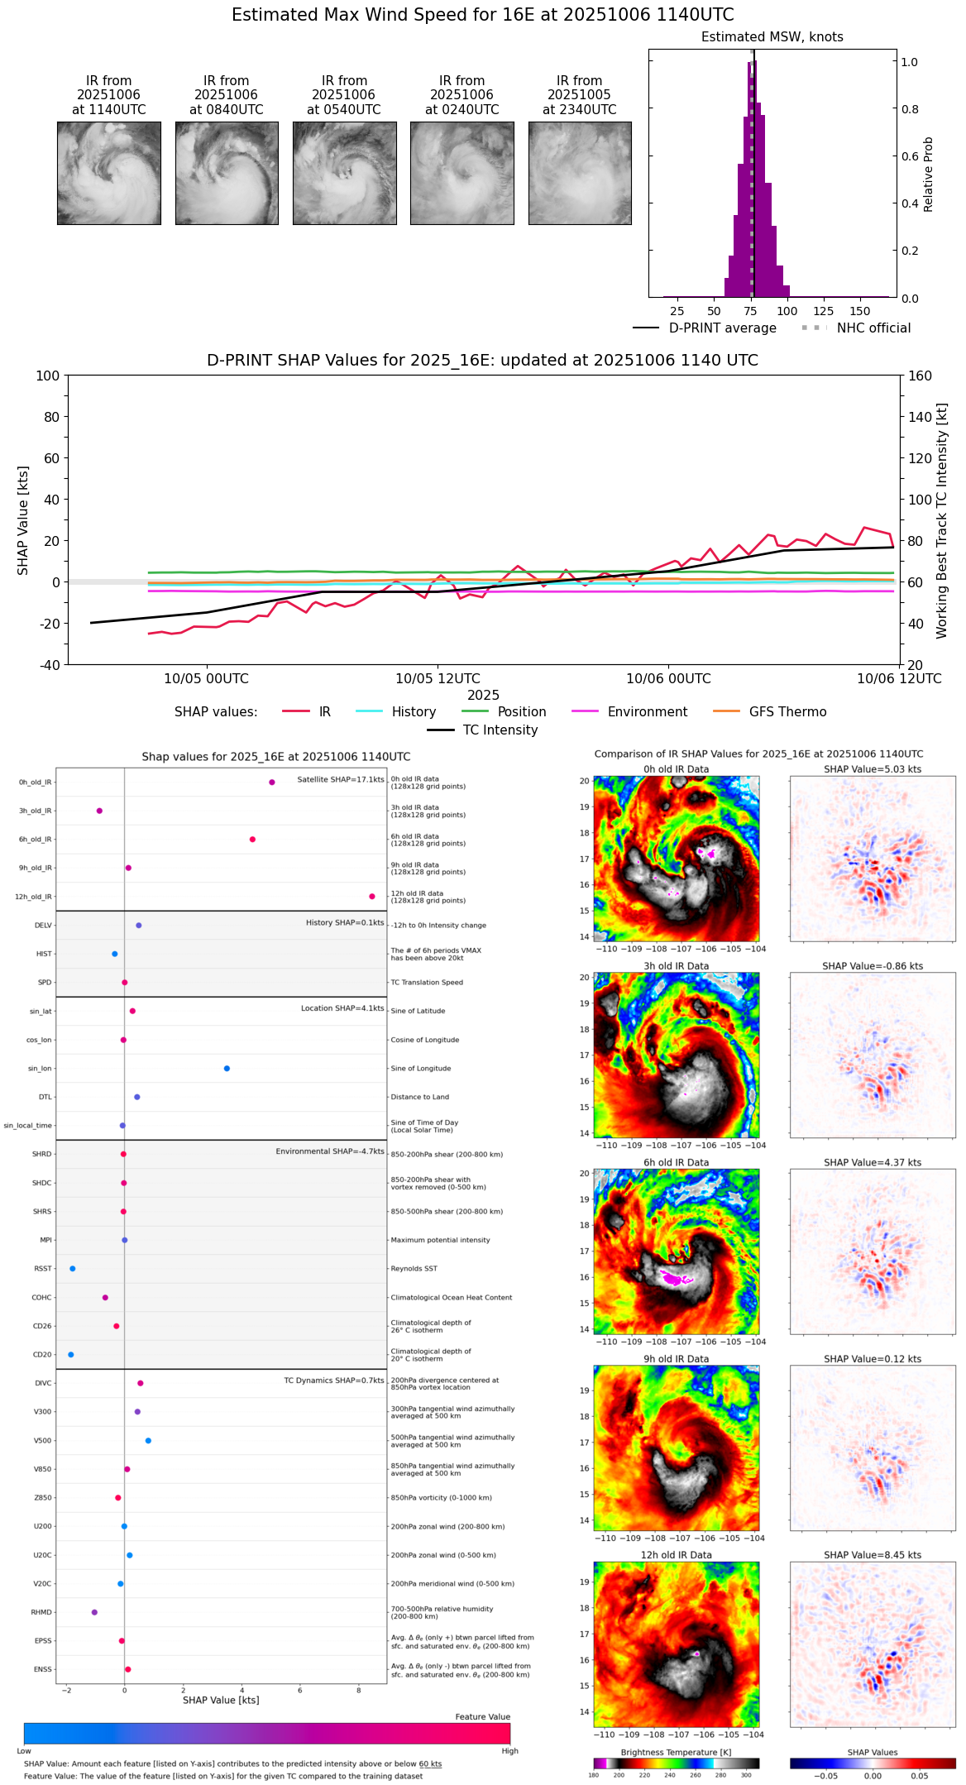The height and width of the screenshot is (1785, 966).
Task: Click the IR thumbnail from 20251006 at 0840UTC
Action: (x=227, y=173)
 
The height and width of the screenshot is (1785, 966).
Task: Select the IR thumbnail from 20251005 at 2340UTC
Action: (x=580, y=173)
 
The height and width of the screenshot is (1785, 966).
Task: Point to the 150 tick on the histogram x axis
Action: (x=860, y=311)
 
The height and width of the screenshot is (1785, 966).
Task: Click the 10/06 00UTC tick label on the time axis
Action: (x=668, y=679)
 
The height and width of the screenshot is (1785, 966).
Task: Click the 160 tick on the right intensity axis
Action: (x=920, y=376)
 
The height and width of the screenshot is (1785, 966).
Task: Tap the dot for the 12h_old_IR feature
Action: (x=372, y=897)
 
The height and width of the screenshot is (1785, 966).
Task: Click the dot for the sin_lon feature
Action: (x=227, y=1069)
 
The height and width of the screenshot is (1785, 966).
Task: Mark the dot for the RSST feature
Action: (x=73, y=1269)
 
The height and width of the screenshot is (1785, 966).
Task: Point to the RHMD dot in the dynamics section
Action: (x=94, y=1612)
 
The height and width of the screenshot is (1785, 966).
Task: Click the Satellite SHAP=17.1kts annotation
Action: (x=341, y=780)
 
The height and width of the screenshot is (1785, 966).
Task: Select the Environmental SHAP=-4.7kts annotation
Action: (x=330, y=1151)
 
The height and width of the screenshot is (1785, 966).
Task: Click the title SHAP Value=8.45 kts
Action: (x=873, y=1555)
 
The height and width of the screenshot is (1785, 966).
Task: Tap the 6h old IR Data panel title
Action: (x=676, y=1162)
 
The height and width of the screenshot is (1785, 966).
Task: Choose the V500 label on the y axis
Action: (x=42, y=1441)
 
